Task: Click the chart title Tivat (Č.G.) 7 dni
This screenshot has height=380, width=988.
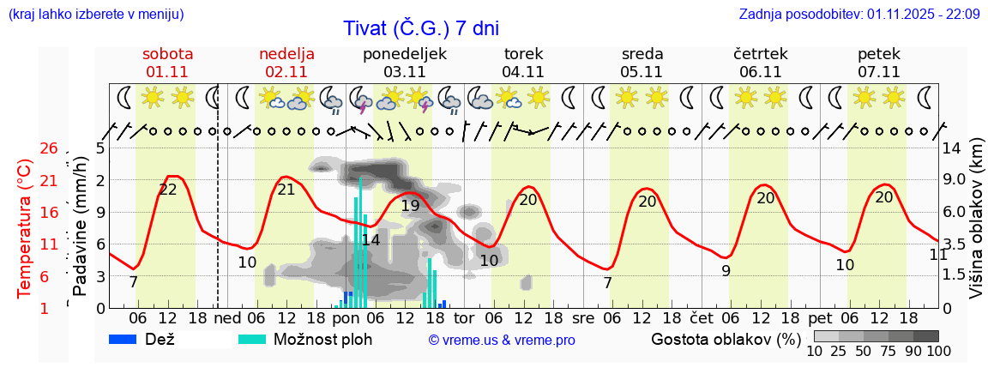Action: pyautogui.click(x=420, y=27)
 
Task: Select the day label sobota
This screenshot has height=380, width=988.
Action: pyautogui.click(x=167, y=53)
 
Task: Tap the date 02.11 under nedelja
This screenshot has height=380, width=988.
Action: pyautogui.click(x=286, y=72)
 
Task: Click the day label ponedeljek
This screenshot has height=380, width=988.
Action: pyautogui.click(x=405, y=53)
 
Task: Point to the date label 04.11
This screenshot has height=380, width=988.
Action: pyautogui.click(x=523, y=72)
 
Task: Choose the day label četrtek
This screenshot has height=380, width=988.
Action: pyautogui.click(x=760, y=53)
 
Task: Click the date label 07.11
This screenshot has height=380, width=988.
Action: pyautogui.click(x=878, y=72)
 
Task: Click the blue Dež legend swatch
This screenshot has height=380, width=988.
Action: pyautogui.click(x=124, y=339)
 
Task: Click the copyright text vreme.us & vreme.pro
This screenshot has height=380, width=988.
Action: pyautogui.click(x=502, y=340)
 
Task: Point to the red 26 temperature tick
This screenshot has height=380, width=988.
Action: pyautogui.click(x=48, y=148)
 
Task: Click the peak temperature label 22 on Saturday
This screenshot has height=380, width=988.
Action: pyautogui.click(x=168, y=190)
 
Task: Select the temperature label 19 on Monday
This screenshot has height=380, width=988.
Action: pyautogui.click(x=410, y=206)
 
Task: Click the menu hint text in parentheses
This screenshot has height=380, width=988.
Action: pyautogui.click(x=95, y=14)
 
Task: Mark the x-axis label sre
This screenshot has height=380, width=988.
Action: pyautogui.click(x=583, y=316)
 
